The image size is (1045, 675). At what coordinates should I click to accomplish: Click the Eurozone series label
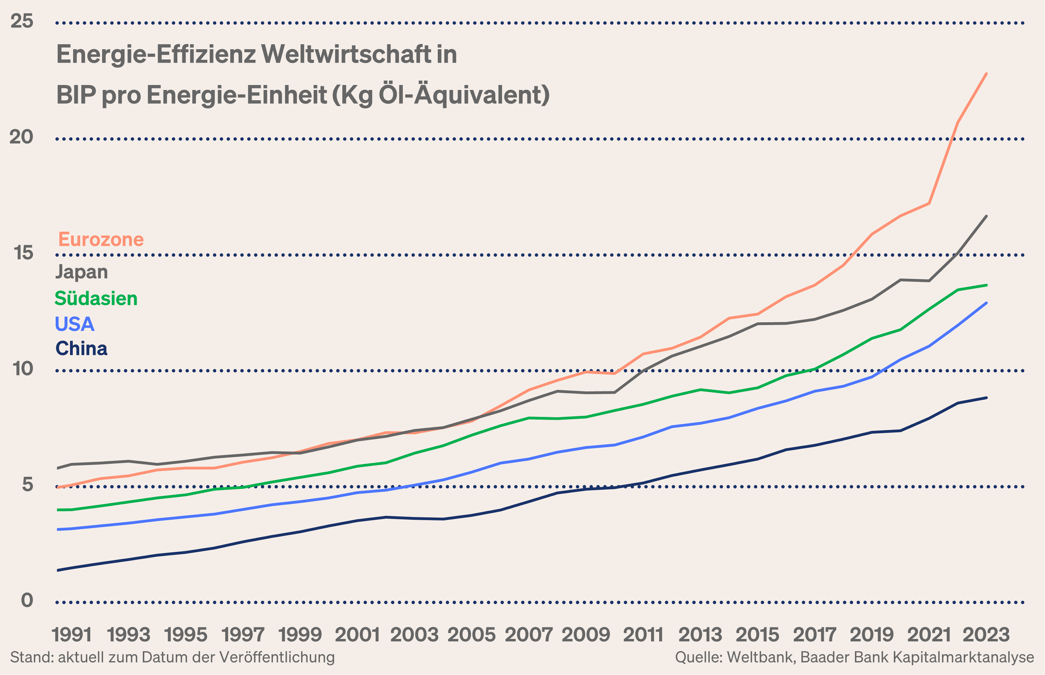click(x=101, y=240)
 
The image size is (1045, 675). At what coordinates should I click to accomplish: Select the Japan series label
click(x=82, y=272)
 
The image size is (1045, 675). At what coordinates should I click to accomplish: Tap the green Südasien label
click(x=96, y=298)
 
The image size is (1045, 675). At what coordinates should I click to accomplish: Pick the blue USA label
click(x=75, y=324)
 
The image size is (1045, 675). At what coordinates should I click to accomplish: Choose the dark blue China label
click(x=82, y=349)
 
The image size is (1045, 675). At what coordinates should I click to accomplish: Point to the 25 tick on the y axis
click(x=22, y=21)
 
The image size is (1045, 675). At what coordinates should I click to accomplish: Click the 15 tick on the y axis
click(x=23, y=253)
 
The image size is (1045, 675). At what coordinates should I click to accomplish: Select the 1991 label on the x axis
click(x=72, y=635)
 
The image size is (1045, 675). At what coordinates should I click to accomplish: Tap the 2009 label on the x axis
click(x=586, y=635)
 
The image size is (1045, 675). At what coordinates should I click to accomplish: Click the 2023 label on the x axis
click(x=986, y=635)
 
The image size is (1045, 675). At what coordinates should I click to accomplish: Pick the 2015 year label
click(x=757, y=635)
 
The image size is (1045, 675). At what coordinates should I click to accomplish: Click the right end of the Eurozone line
click(x=986, y=74)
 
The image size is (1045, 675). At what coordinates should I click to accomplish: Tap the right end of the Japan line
click(x=986, y=216)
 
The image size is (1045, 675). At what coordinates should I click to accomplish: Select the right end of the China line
click(x=986, y=397)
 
